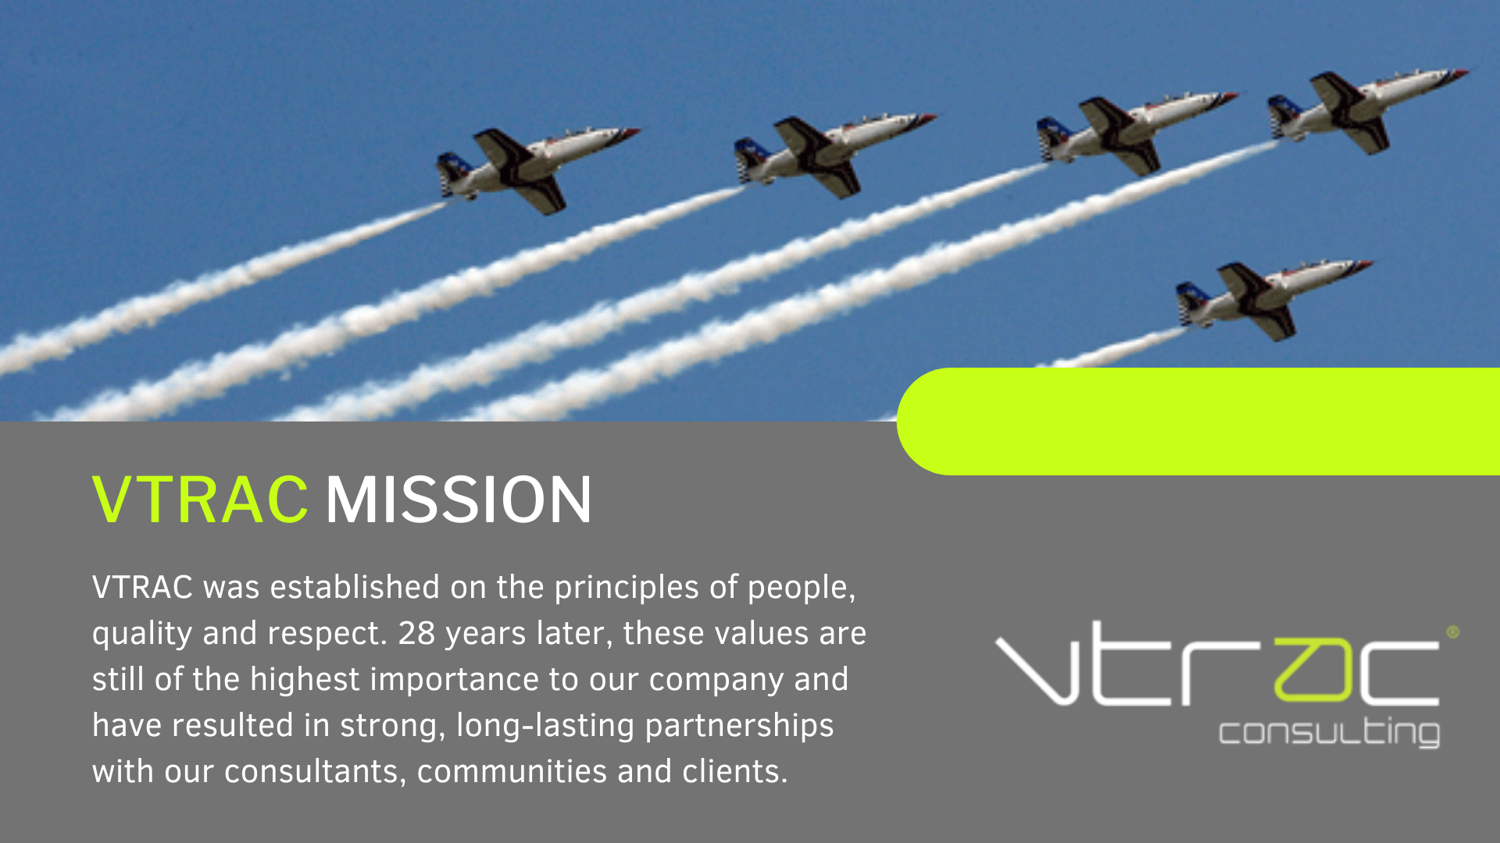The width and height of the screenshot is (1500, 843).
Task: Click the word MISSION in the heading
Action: pyautogui.click(x=459, y=500)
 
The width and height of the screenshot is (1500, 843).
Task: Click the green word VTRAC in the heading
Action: pyautogui.click(x=200, y=500)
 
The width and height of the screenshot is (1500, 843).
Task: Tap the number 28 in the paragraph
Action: pyautogui.click(x=416, y=633)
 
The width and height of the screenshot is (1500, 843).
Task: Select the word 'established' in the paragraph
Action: pyautogui.click(x=355, y=587)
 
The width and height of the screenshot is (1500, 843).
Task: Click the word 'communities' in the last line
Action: pyautogui.click(x=512, y=771)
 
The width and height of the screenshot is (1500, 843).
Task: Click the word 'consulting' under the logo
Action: pyautogui.click(x=1329, y=732)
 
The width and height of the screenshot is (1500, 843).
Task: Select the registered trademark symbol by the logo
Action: pyautogui.click(x=1452, y=632)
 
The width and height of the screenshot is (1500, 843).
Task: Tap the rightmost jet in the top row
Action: pyautogui.click(x=1360, y=109)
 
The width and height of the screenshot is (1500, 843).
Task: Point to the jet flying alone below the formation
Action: pyautogui.click(x=1266, y=297)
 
